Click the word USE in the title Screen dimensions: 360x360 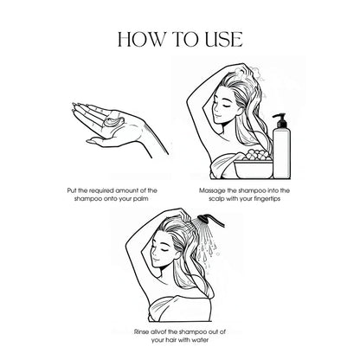point(224,40)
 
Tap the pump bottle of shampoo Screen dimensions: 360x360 point(281,146)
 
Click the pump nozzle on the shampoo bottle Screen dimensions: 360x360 point(279,119)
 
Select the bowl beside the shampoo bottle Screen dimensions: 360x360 point(254,170)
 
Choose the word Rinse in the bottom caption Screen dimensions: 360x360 point(142,332)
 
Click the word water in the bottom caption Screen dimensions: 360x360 point(200,340)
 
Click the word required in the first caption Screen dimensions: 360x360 point(101,191)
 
